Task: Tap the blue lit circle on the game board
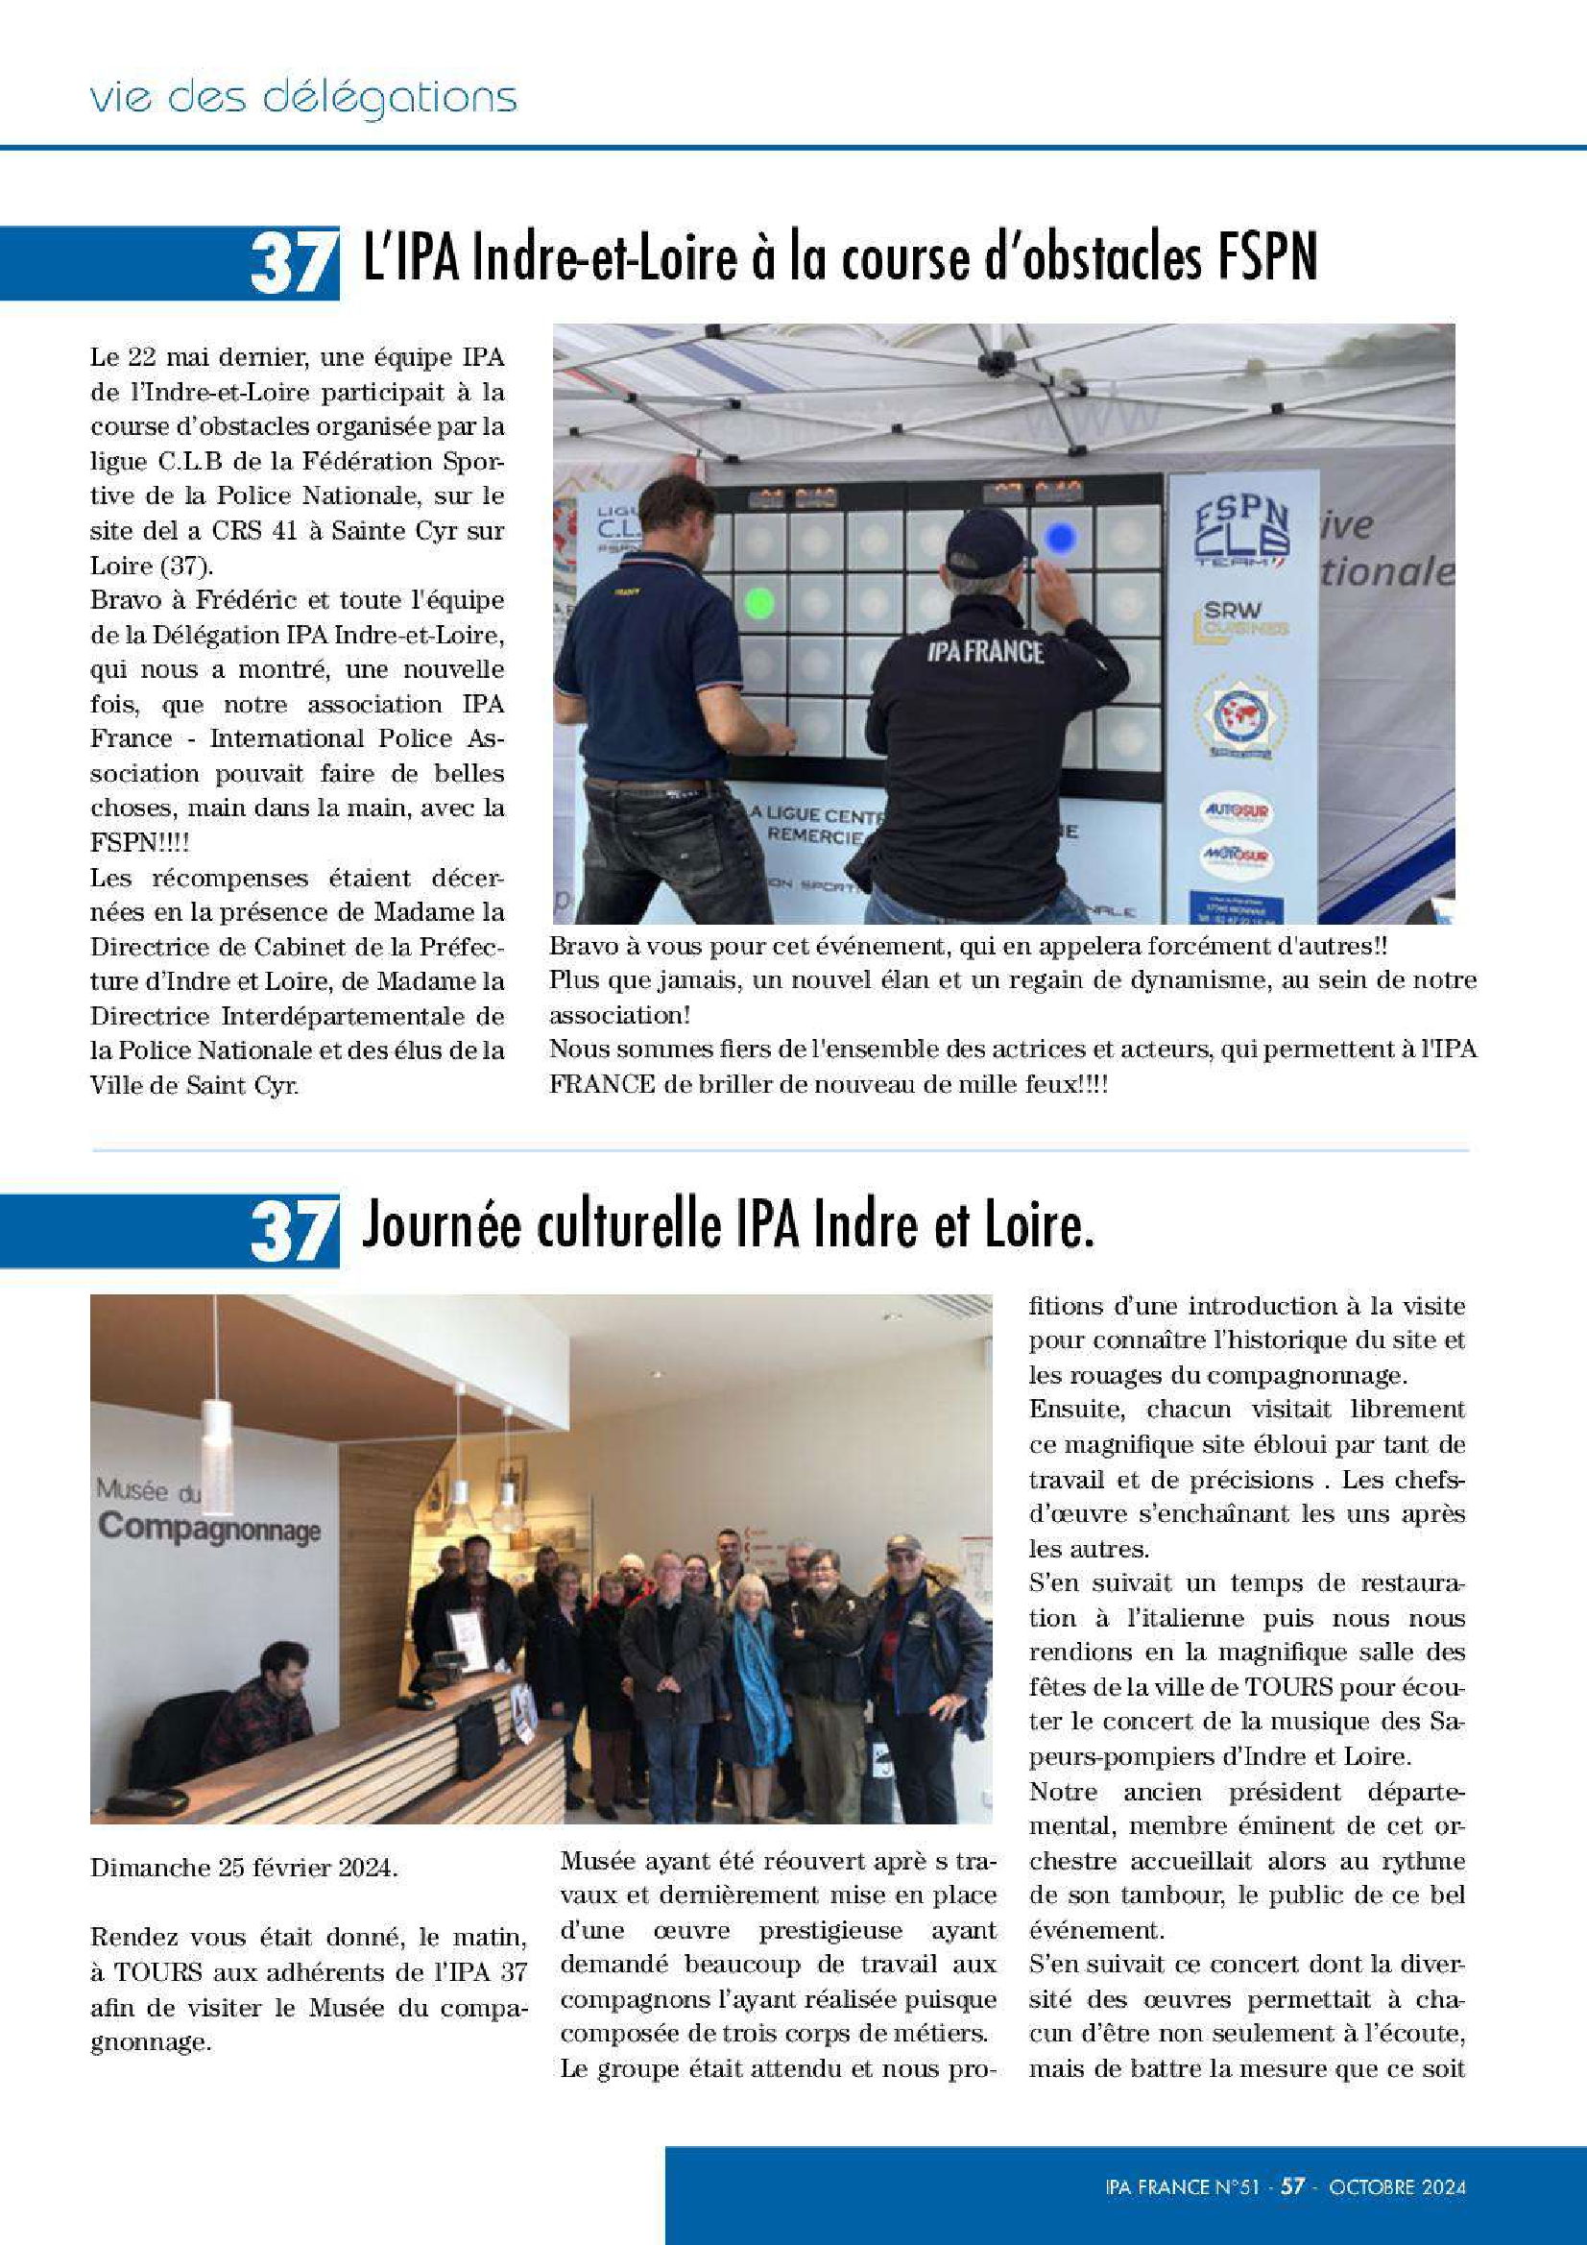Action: click(x=1061, y=536)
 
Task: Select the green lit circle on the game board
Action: click(x=758, y=602)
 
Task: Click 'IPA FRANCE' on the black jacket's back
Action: click(x=985, y=652)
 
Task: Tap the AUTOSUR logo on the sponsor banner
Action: click(x=1236, y=810)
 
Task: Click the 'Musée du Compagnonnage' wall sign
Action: click(x=207, y=1512)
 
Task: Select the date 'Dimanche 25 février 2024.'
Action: click(x=244, y=1868)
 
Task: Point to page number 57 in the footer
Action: click(x=1292, y=2185)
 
